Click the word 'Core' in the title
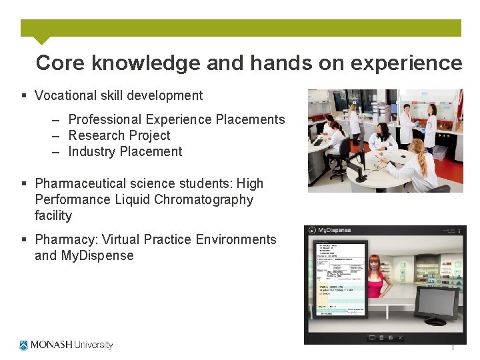(60, 63)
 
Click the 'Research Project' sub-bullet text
(119, 135)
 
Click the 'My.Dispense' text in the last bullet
(97, 255)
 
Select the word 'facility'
(53, 215)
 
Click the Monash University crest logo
(24, 345)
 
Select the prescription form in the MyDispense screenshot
(339, 277)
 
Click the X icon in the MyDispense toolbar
(400, 338)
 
